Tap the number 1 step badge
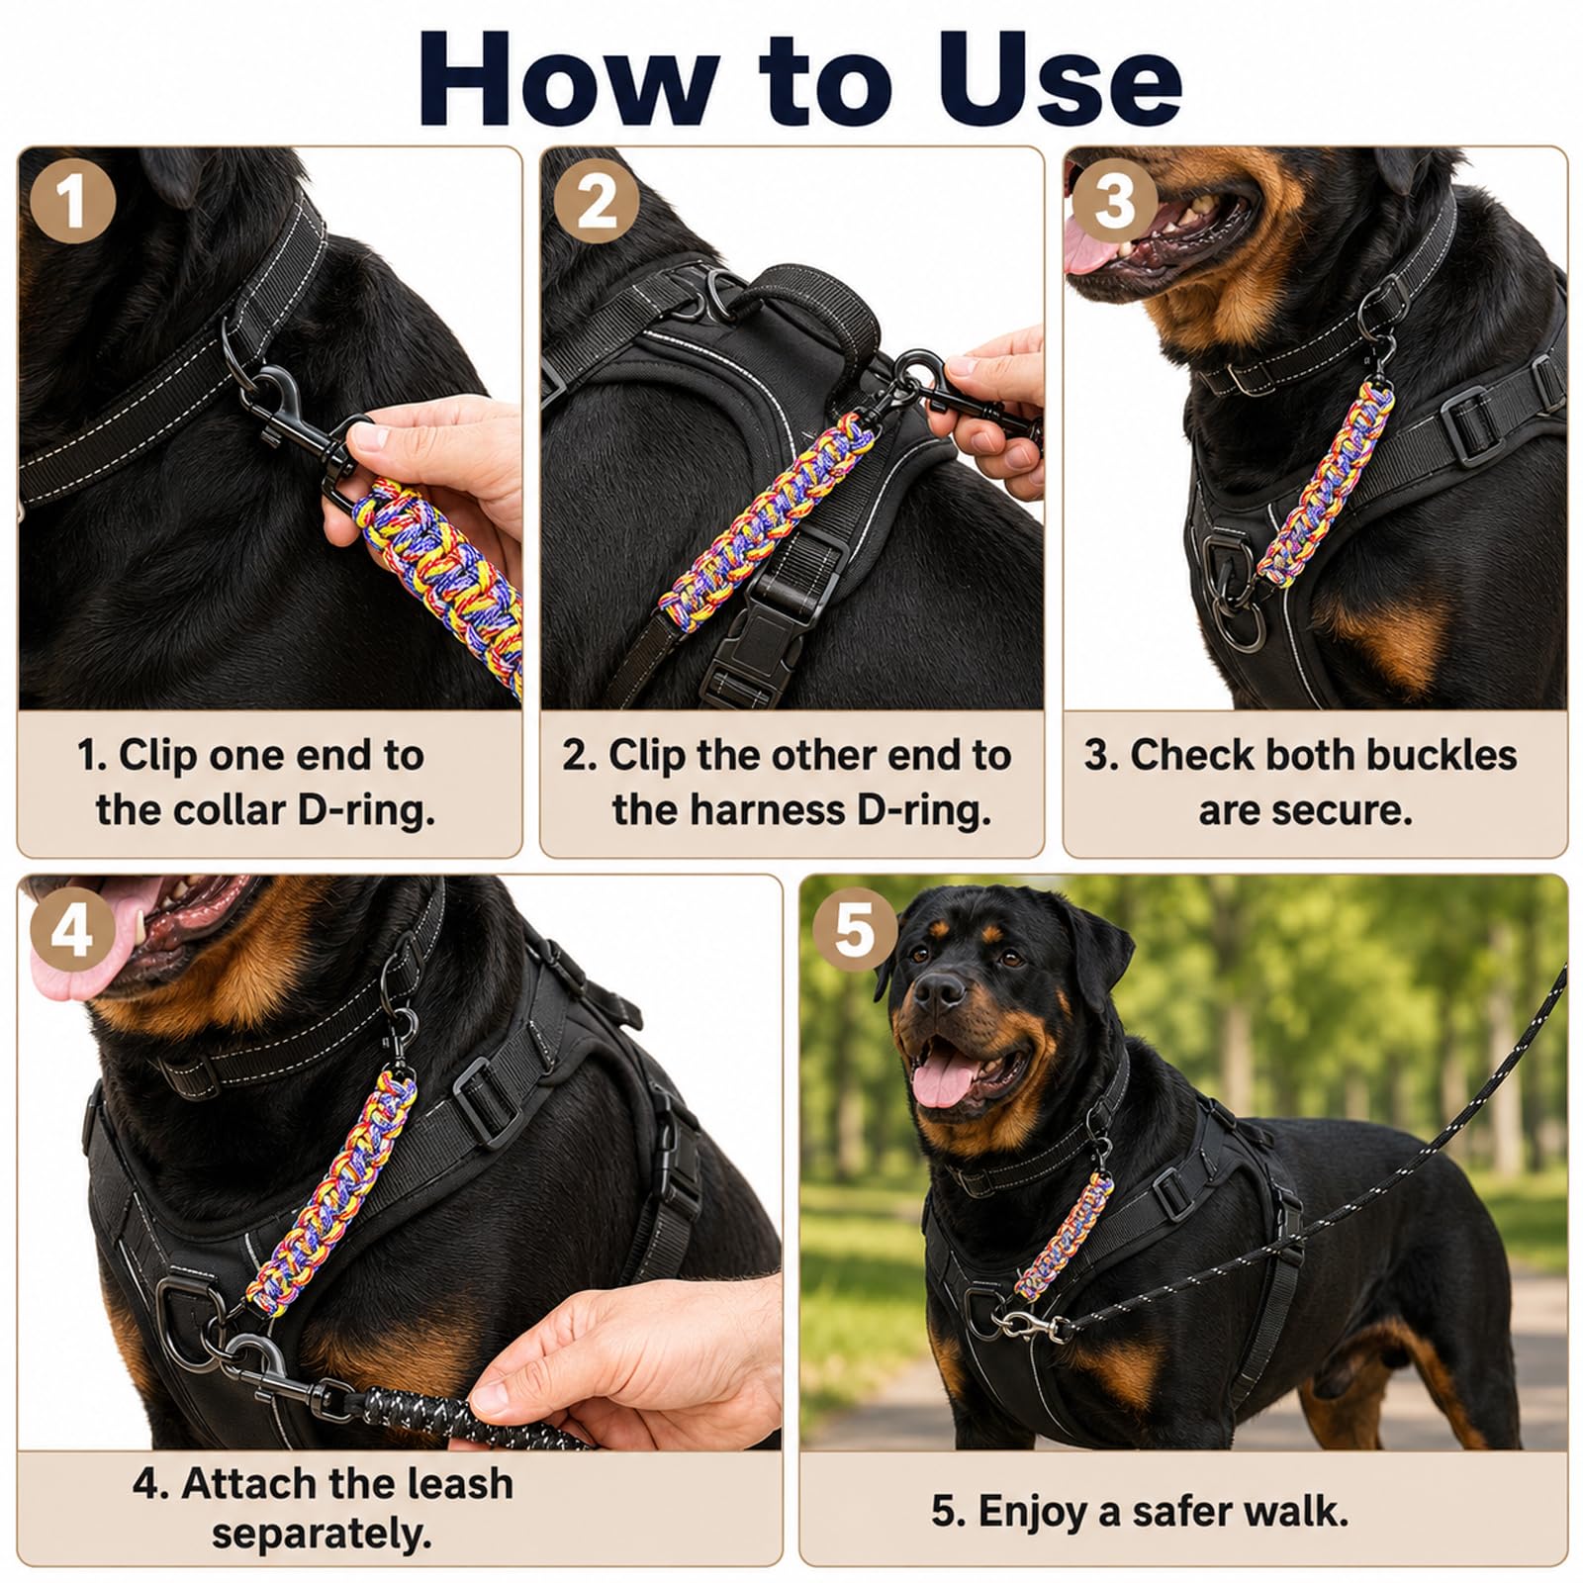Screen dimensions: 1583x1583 coord(72,203)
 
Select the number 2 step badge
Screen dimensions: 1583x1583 coord(596,203)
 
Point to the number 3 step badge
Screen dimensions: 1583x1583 coord(1115,203)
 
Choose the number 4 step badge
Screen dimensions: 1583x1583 coord(72,931)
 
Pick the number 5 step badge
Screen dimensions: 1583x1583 coord(855,931)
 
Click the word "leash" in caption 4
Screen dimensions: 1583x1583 coord(462,1483)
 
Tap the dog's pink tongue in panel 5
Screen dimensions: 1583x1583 coord(940,1080)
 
